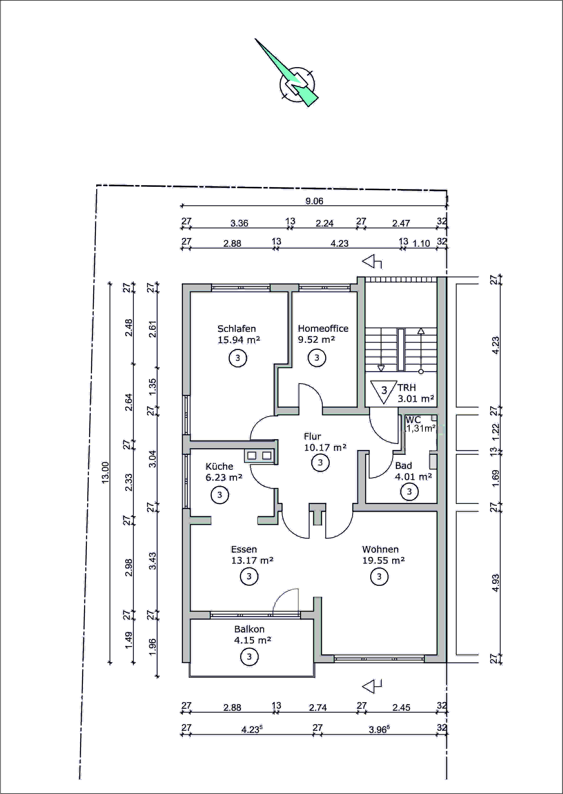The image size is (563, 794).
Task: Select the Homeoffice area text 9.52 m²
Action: [316, 339]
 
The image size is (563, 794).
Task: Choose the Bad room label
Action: [404, 466]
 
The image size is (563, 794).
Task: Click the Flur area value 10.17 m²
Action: [325, 448]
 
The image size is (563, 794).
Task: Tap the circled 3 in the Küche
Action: [220, 495]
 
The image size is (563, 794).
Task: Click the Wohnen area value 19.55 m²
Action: [383, 560]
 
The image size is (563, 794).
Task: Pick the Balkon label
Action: [249, 629]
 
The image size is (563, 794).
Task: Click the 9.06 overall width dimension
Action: [314, 201]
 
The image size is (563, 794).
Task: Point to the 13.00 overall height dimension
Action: [105, 473]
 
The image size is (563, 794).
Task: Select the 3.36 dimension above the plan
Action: [239, 223]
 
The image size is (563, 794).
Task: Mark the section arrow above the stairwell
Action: [372, 262]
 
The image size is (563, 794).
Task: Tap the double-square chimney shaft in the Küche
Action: [259, 455]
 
